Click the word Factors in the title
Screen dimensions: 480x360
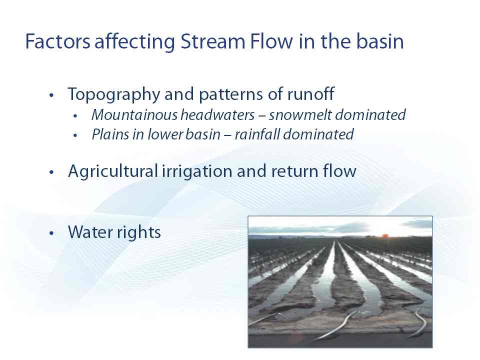click(x=57, y=41)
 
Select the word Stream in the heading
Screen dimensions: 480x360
click(x=213, y=41)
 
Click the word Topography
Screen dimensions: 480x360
click(x=114, y=95)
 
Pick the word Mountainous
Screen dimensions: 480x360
click(x=134, y=115)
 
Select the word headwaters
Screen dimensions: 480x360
click(x=217, y=115)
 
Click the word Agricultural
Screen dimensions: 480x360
click(x=113, y=171)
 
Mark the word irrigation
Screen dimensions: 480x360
click(x=197, y=171)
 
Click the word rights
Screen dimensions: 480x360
click(x=138, y=232)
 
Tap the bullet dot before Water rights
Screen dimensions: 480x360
click(x=51, y=233)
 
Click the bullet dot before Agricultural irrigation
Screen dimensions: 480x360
click(x=51, y=172)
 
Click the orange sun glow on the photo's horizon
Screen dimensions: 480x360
click(x=385, y=235)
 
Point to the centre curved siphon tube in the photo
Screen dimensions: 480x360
click(x=336, y=325)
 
